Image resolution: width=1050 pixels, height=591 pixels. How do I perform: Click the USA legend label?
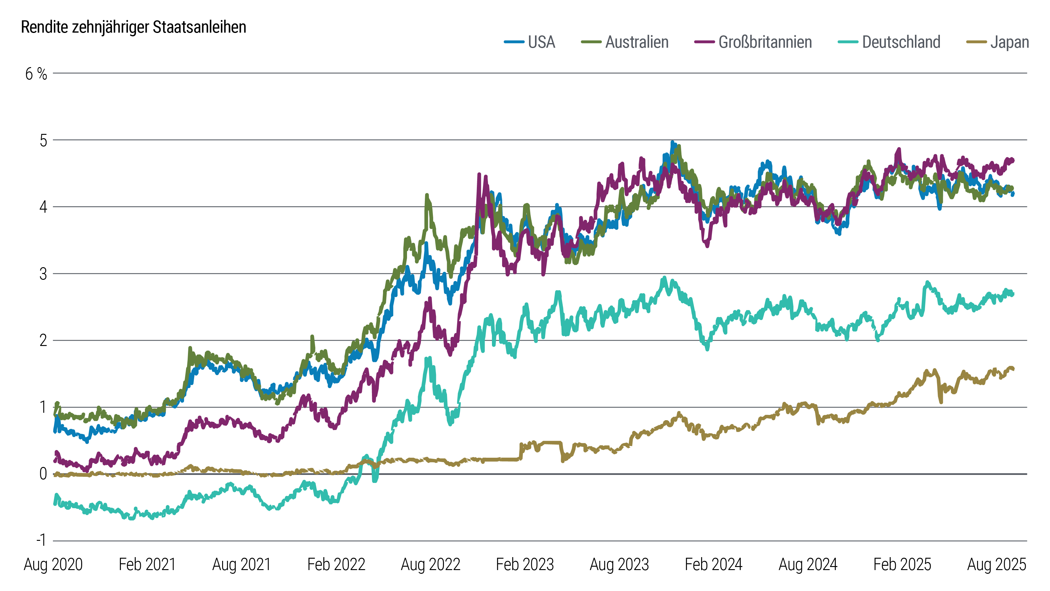tap(541, 42)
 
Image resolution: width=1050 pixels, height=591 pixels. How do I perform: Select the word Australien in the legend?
tap(637, 42)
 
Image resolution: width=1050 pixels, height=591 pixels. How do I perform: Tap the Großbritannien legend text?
tap(765, 42)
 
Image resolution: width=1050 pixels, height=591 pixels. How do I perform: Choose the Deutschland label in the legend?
tap(901, 42)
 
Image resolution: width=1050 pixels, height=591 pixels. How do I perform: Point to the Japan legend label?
tap(1010, 42)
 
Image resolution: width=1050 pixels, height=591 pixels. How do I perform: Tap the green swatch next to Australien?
tap(591, 42)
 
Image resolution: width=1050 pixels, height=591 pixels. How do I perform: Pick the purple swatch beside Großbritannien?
tap(704, 42)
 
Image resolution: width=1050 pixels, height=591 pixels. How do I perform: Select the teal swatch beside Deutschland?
tap(848, 42)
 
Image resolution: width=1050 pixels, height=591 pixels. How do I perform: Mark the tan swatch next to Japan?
tap(976, 42)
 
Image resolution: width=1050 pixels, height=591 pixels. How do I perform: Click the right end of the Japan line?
tap(1013, 369)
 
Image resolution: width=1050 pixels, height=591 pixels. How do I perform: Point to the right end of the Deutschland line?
tap(1013, 294)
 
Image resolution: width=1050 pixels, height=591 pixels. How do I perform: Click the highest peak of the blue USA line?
tap(673, 142)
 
